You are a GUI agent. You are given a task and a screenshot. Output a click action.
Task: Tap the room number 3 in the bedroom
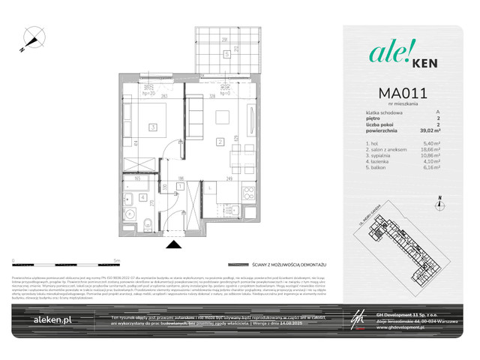151,127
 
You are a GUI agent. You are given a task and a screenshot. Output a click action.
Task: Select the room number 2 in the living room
220,142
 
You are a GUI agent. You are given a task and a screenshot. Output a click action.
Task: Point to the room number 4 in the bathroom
142,198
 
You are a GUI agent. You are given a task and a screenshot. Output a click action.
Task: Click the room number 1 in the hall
180,185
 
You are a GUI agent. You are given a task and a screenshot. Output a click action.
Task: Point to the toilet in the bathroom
148,222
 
